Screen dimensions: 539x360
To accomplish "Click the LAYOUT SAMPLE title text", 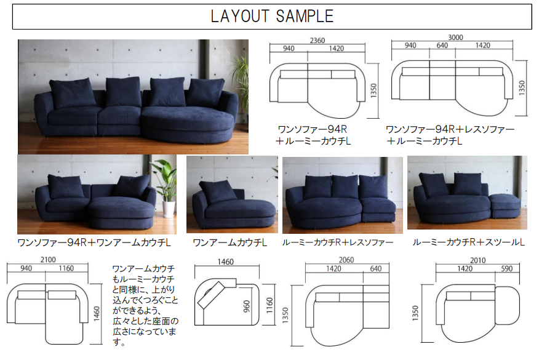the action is (272, 16).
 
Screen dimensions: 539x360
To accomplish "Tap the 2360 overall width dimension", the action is (317, 40).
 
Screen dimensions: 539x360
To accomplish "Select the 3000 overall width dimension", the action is (455, 37).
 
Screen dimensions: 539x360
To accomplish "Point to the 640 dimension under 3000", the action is (442, 46).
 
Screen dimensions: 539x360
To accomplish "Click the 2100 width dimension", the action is (48, 260).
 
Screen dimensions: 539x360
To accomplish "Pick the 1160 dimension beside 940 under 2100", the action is (66, 268).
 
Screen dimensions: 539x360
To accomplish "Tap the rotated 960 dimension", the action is (247, 306).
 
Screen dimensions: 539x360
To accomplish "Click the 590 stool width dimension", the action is (506, 268).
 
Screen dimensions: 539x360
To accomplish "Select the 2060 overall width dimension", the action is (346, 260).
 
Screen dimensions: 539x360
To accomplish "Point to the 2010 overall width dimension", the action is (478, 260).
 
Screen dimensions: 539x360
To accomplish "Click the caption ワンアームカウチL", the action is (230, 242).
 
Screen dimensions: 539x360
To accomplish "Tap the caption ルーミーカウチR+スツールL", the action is (468, 242).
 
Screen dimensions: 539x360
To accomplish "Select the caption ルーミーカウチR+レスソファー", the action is (338, 242).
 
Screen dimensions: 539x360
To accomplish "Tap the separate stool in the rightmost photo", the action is (505, 206).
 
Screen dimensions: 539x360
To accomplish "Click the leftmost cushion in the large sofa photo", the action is (72, 93).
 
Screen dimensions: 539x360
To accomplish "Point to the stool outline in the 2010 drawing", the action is (507, 305).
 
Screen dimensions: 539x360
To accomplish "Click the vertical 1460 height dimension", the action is (97, 314).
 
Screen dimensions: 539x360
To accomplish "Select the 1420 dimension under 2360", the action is (336, 49).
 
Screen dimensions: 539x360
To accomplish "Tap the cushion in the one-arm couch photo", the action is (218, 191).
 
